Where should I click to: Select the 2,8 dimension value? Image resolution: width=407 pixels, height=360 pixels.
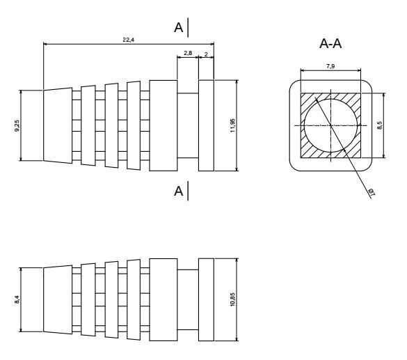(x=188, y=52)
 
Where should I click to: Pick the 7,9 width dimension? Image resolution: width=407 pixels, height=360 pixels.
(x=331, y=65)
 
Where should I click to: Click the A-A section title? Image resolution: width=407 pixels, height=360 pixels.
(x=331, y=44)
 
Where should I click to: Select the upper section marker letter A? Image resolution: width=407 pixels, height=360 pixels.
(x=179, y=27)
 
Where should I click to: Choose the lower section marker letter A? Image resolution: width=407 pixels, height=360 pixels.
(x=179, y=191)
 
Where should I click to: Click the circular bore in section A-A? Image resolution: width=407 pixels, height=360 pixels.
(x=330, y=125)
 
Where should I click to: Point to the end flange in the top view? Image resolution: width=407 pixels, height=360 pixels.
(x=207, y=125)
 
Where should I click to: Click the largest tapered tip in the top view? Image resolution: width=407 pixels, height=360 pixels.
(x=58, y=125)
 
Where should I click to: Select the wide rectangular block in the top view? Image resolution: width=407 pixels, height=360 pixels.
(x=163, y=125)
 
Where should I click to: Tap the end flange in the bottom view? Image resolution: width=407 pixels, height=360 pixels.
(x=207, y=300)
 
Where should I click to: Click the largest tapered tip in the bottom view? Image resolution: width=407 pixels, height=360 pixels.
(x=58, y=300)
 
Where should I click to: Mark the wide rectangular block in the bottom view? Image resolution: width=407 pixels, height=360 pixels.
(x=163, y=300)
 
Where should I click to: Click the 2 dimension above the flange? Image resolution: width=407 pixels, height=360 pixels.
(x=207, y=52)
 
